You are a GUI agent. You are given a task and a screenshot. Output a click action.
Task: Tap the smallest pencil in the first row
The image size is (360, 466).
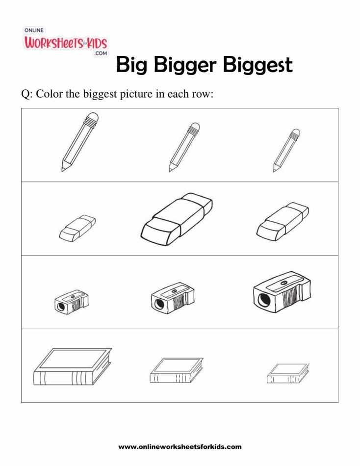pos(286,151)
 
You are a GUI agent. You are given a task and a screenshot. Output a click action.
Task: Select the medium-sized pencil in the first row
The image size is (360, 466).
pos(184,147)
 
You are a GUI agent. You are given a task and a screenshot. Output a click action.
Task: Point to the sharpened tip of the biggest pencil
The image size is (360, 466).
pos(63,169)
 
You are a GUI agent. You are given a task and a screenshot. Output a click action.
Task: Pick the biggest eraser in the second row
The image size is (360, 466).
pos(176,218)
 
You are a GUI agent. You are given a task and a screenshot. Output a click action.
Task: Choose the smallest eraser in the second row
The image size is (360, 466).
pos(77,228)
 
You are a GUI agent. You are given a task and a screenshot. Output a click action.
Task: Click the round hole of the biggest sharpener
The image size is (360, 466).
pos(261,299)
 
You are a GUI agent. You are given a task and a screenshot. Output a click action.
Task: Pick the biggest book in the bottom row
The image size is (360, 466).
pos(72,368)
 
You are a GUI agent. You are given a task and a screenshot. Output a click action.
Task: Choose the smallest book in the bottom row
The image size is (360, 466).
pos(288,374)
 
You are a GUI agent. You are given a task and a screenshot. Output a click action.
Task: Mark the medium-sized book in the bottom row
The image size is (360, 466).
pos(176,370)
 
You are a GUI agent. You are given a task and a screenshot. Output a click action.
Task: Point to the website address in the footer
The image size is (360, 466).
pos(180,447)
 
